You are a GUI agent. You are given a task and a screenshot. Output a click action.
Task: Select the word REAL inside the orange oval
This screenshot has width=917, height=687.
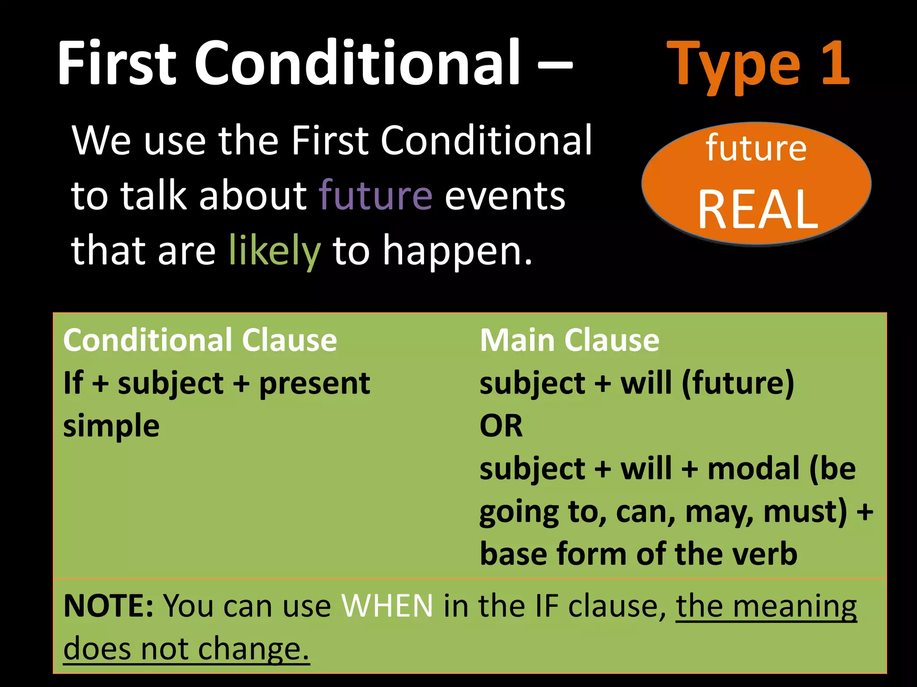click(758, 209)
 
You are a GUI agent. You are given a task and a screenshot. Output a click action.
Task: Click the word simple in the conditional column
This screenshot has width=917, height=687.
click(111, 426)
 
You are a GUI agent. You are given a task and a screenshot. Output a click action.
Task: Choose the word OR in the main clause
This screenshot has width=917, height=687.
click(501, 426)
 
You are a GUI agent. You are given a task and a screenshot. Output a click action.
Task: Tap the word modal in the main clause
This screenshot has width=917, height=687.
click(753, 468)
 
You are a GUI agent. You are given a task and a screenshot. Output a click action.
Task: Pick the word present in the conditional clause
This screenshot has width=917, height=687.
click(314, 384)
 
